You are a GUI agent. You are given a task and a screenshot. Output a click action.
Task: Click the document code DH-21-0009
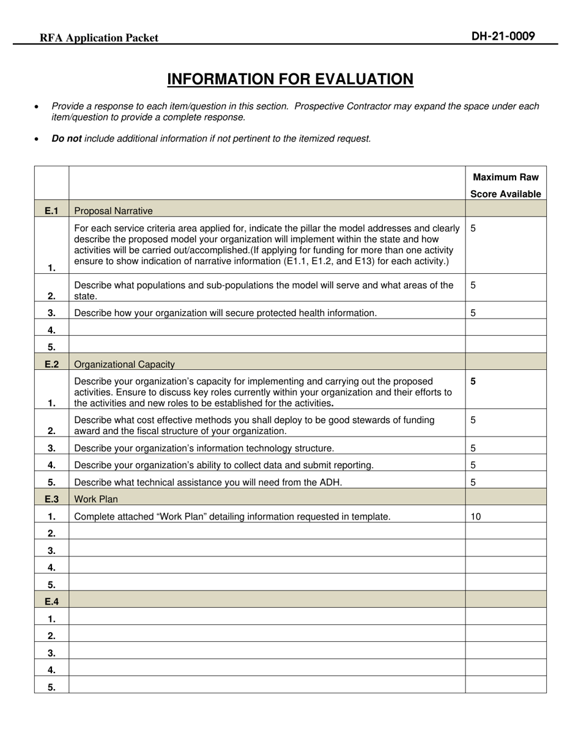[503, 36]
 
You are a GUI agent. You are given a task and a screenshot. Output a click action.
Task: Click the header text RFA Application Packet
[99, 38]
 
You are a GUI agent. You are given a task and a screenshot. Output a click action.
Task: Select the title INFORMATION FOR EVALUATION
[290, 79]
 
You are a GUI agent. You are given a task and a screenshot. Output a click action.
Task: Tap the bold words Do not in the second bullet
[67, 139]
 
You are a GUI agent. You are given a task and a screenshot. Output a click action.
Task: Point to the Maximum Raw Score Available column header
[505, 185]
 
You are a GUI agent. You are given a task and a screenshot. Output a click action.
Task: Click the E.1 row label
[51, 211]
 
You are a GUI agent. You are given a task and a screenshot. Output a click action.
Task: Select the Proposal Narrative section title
[113, 211]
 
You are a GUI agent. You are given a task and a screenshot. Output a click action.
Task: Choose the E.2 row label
[51, 364]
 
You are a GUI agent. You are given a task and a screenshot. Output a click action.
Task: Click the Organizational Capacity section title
[124, 364]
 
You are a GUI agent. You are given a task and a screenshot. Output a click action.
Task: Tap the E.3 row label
[51, 499]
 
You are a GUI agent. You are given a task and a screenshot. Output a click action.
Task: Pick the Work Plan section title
[96, 499]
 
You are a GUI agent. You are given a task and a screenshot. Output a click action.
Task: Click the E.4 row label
[51, 602]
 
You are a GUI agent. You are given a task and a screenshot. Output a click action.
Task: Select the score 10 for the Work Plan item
[476, 517]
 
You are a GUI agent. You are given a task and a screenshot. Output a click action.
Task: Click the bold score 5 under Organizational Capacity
[473, 382]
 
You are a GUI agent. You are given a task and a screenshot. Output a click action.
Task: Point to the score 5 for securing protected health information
[473, 313]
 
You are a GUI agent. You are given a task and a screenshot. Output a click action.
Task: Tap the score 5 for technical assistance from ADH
[473, 482]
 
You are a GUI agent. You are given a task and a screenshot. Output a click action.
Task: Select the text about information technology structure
[204, 448]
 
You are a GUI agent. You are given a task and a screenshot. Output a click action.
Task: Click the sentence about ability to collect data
[223, 465]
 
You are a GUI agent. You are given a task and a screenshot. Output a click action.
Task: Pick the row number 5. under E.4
[51, 687]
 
